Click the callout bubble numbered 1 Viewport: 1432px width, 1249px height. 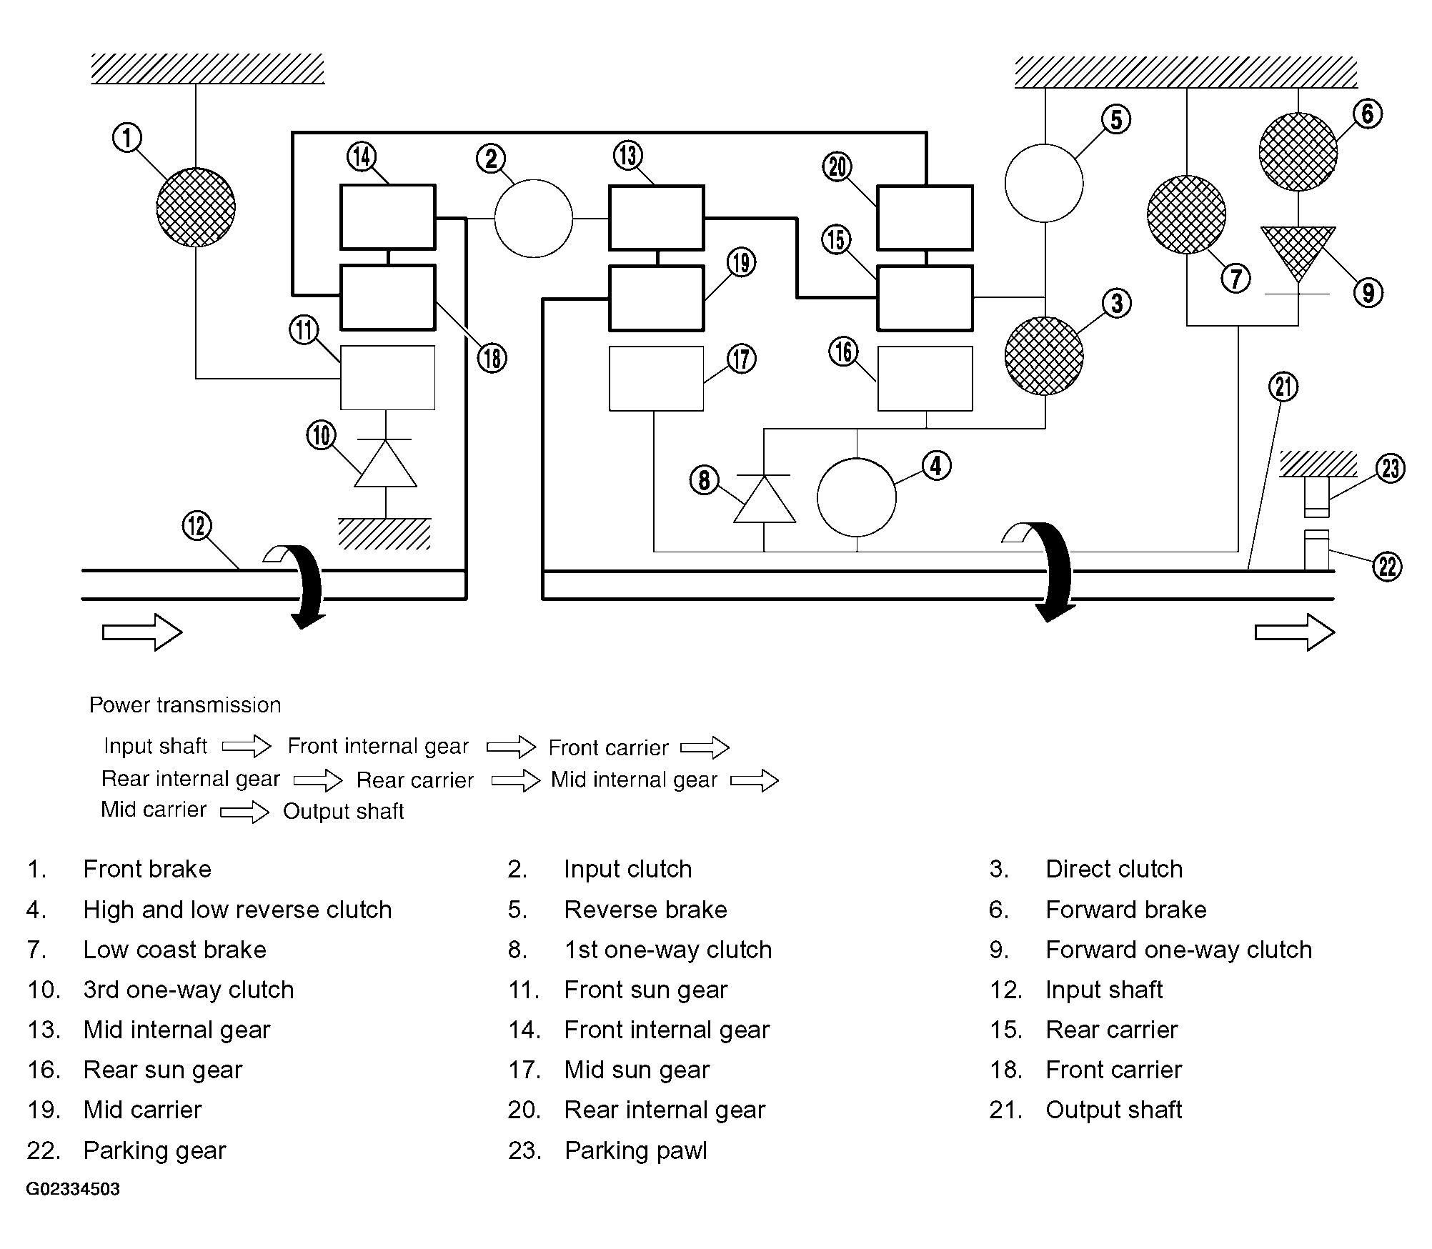[127, 137]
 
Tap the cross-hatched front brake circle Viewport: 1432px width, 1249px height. [196, 207]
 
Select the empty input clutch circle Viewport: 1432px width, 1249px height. [533, 218]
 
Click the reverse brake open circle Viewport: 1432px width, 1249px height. [1044, 183]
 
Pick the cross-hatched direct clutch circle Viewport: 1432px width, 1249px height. [1044, 356]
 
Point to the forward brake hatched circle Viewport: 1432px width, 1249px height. [1298, 151]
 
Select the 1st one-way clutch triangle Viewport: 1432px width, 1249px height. [765, 498]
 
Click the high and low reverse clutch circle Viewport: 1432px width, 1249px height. [856, 497]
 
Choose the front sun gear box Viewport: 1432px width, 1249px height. [387, 378]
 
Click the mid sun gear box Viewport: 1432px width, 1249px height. [656, 379]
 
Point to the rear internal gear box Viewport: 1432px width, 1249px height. [925, 217]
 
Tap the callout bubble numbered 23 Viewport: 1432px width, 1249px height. [1391, 469]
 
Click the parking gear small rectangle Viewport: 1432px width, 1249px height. [1316, 549]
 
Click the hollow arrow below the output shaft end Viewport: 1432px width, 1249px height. [1295, 632]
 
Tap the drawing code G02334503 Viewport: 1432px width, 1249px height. [73, 1189]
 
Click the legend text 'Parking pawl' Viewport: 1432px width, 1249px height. [635, 1150]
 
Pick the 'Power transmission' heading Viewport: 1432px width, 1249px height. [185, 705]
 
